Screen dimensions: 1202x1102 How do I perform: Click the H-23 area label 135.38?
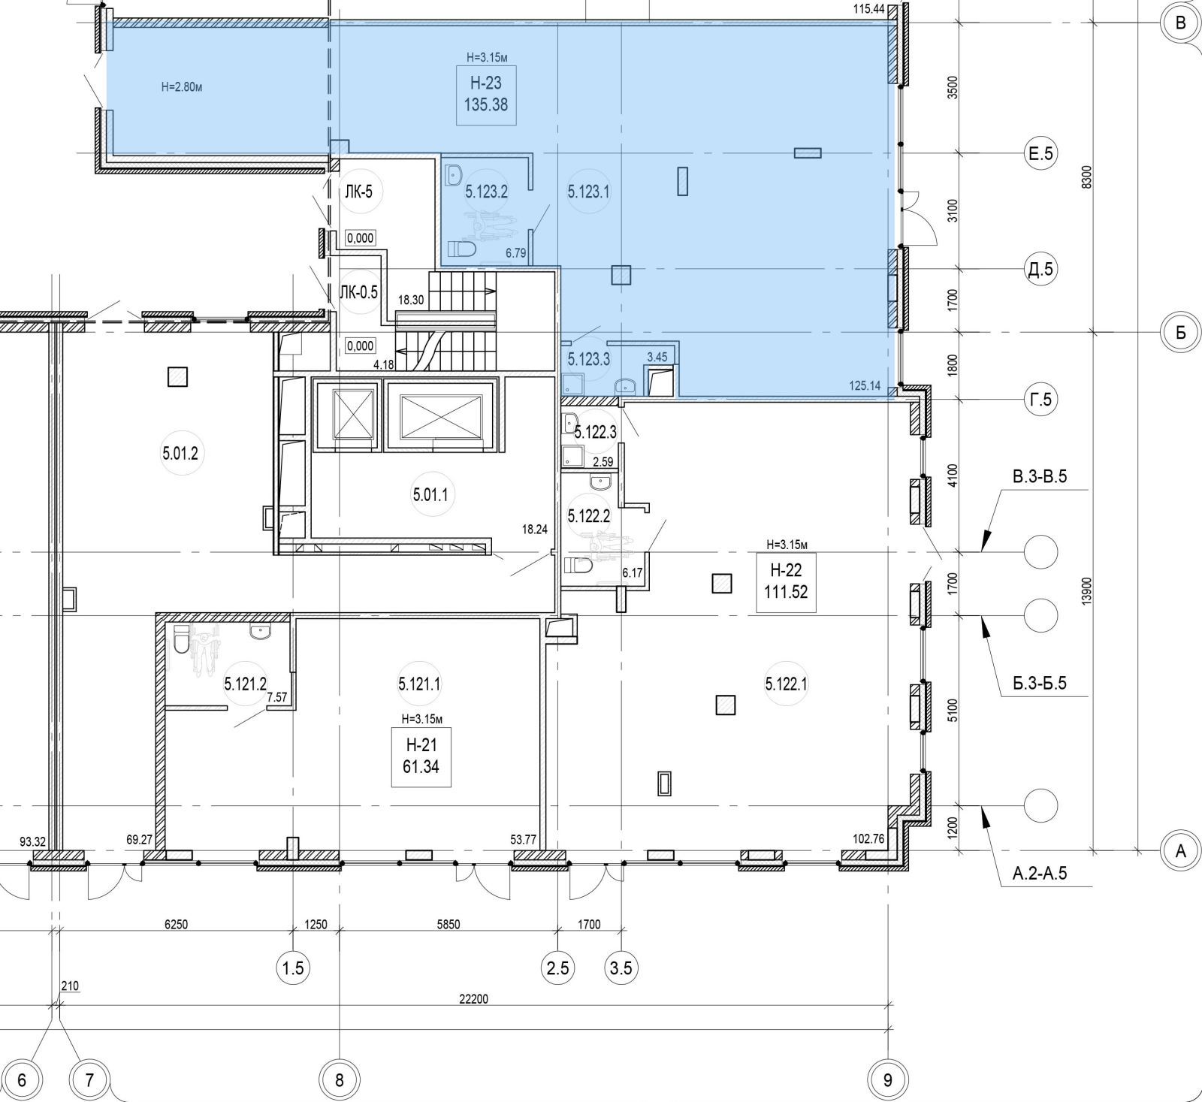tap(486, 105)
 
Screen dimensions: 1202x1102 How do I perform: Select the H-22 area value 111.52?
tap(786, 592)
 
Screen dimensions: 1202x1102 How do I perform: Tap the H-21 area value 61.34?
tap(421, 767)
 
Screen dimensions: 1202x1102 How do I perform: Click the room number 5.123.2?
tap(486, 192)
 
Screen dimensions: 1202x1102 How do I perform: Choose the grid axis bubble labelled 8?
tap(340, 1080)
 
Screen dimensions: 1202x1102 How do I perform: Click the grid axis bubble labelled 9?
tap(888, 1080)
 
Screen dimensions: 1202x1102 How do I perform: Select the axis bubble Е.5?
tap(1040, 154)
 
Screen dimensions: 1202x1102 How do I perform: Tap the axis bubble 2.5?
tap(558, 968)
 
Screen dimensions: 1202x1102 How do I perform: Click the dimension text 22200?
tap(474, 999)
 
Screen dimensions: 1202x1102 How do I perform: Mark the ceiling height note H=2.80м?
tap(182, 87)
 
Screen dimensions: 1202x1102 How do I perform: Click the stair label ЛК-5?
tap(358, 192)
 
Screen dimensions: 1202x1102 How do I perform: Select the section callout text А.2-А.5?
tap(1040, 874)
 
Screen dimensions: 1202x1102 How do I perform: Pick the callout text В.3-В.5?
tap(1040, 476)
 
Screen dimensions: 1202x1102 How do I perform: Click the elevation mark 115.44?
tap(868, 9)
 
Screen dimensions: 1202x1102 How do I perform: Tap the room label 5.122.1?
tap(786, 684)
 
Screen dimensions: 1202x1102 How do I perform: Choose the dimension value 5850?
tap(448, 925)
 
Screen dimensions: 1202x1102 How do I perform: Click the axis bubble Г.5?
tap(1040, 400)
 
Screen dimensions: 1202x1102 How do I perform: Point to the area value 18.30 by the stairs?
tap(411, 300)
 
